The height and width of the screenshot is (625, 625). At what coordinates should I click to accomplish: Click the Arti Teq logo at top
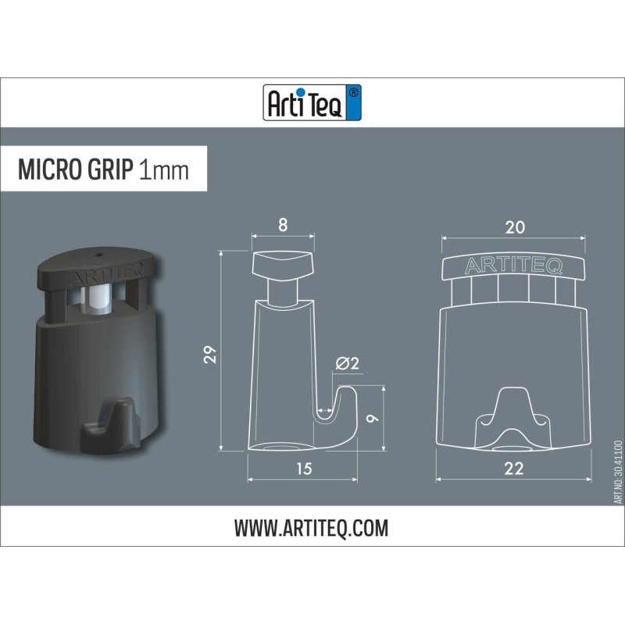click(x=312, y=102)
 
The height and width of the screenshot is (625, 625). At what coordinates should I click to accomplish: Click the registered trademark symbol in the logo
click(x=352, y=93)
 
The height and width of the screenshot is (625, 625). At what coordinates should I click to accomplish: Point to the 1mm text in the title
click(x=163, y=170)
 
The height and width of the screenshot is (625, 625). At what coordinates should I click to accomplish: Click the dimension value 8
click(x=282, y=226)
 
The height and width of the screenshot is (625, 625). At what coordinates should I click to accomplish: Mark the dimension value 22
click(x=513, y=469)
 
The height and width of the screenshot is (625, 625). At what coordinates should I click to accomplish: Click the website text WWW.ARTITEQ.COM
click(x=311, y=529)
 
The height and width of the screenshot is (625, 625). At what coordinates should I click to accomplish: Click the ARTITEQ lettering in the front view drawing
click(x=513, y=266)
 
